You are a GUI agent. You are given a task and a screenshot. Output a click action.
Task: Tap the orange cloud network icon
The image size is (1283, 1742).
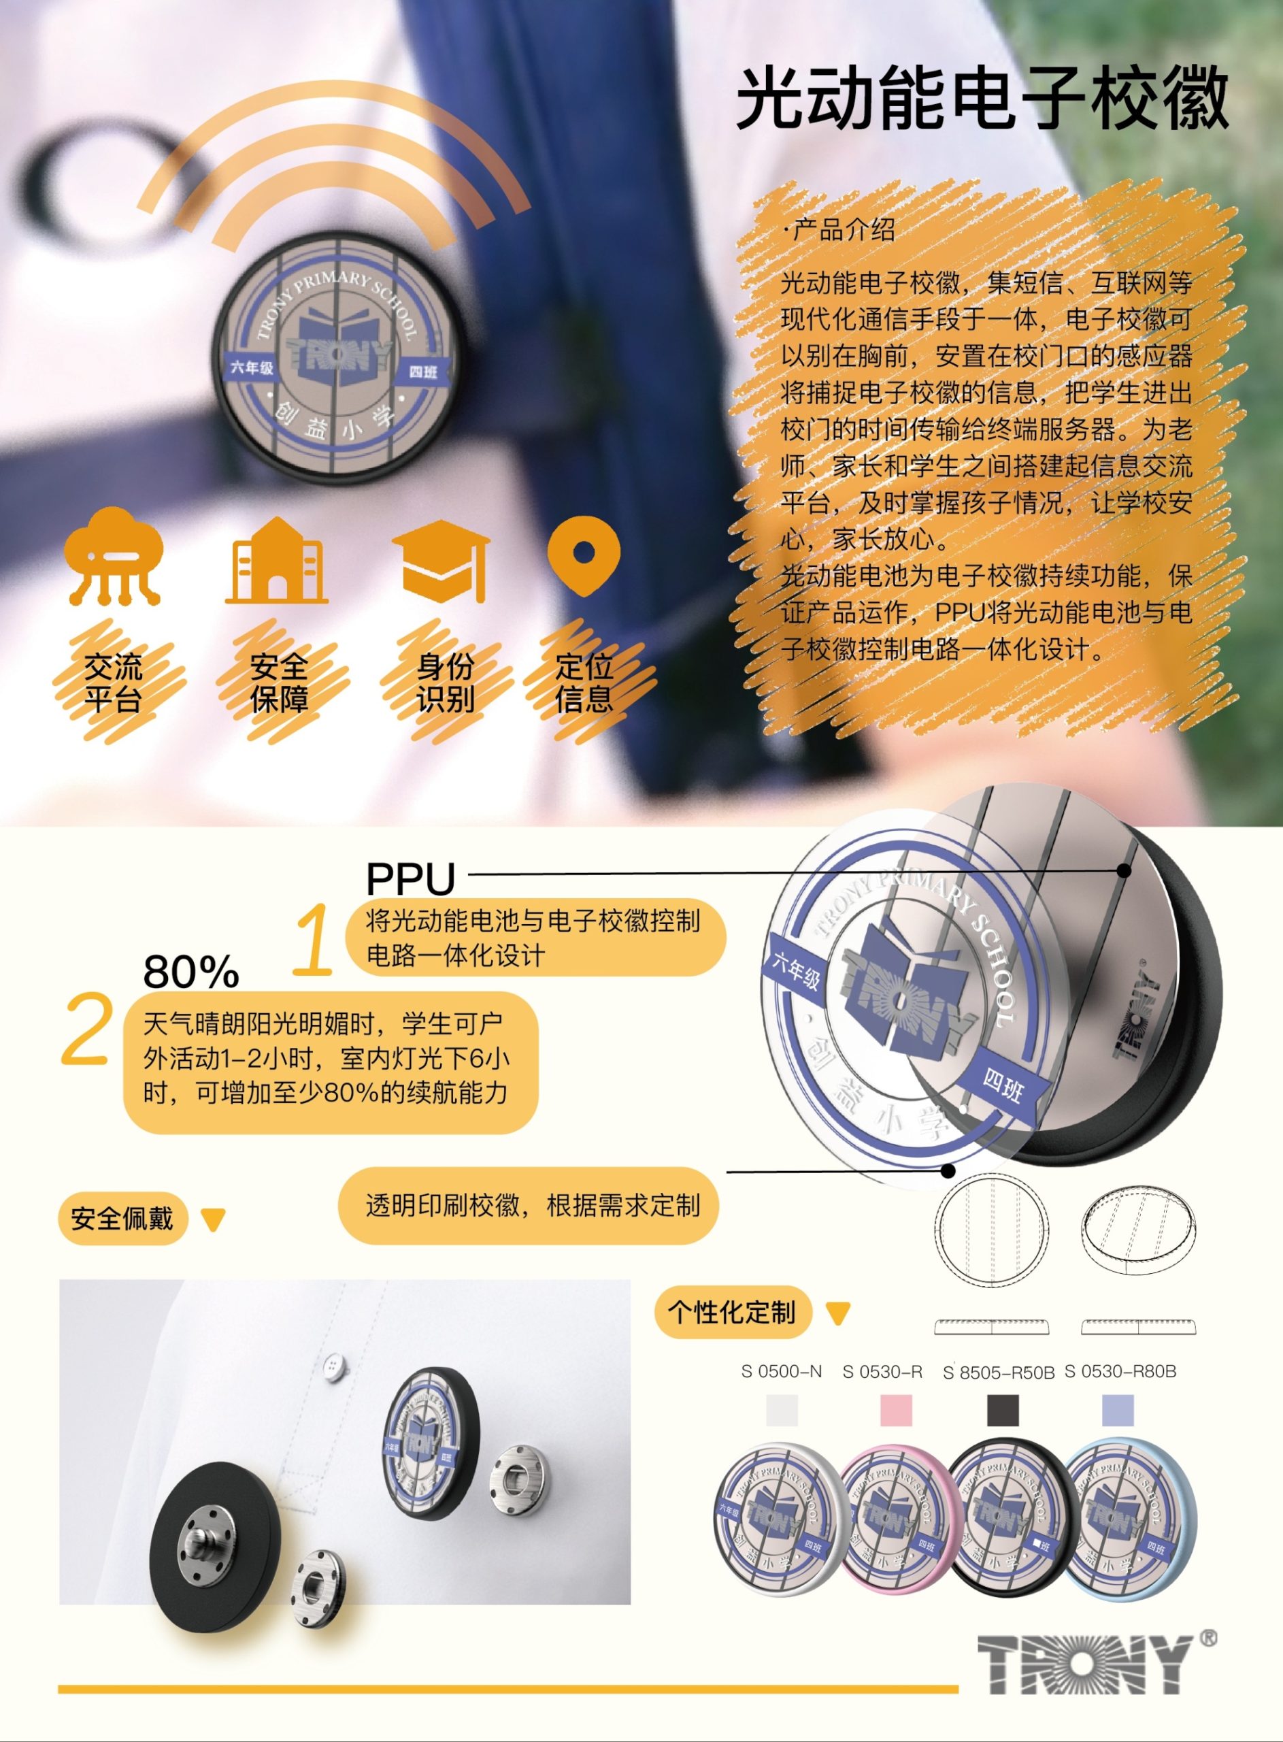114,556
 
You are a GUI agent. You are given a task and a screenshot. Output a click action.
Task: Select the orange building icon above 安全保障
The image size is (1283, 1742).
276,560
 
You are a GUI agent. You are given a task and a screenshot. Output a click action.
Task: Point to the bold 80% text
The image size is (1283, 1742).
191,971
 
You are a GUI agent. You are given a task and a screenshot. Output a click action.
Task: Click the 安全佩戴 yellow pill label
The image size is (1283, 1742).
122,1218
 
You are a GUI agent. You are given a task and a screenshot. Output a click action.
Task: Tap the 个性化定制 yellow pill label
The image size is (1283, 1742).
733,1312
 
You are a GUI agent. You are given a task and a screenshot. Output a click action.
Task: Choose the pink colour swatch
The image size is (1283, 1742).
895,1411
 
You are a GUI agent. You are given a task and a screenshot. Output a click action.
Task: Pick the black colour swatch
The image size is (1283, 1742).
1003,1411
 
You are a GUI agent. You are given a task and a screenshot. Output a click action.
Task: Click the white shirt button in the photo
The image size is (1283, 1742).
334,1362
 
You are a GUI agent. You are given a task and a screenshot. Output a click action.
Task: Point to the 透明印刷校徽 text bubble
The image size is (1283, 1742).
528,1205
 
